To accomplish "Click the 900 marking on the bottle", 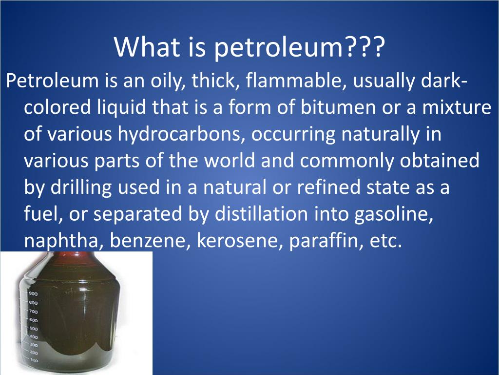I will (33, 293).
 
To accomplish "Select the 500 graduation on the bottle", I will (33, 328).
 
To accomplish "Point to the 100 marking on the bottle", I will (34, 360).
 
